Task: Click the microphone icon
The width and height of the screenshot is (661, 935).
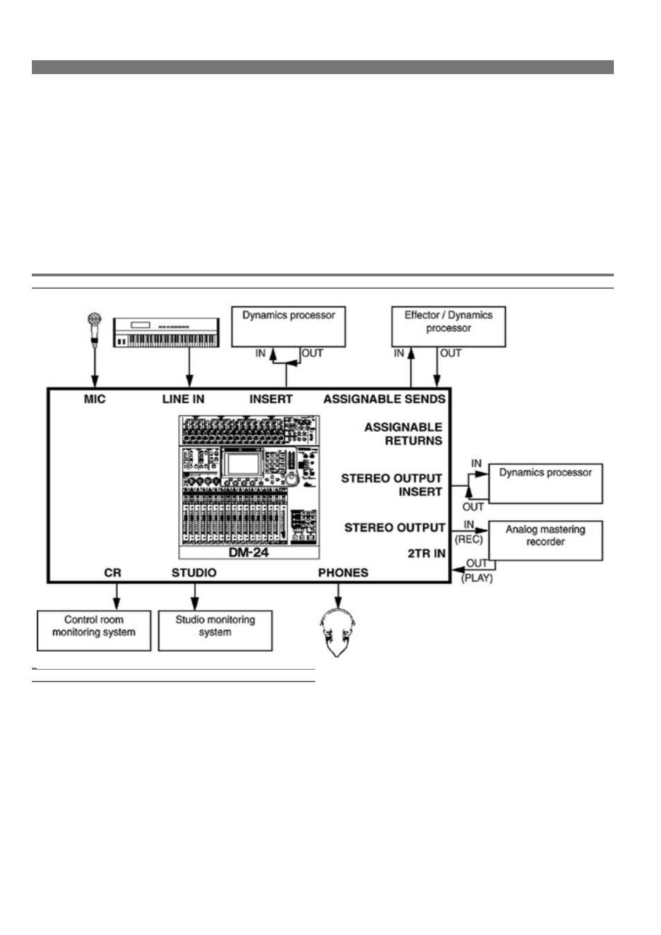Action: point(95,330)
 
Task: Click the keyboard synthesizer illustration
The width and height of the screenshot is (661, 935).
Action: point(166,332)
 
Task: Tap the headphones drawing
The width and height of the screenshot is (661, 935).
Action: point(337,633)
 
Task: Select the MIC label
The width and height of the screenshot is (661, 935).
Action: point(95,399)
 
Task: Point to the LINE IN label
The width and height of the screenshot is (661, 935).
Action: point(184,399)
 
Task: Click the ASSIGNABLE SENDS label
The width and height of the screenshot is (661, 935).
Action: point(385,399)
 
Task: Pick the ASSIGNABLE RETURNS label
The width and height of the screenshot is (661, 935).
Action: point(403,434)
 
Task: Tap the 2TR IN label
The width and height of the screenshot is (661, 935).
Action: point(427,553)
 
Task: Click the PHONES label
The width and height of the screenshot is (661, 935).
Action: point(343,573)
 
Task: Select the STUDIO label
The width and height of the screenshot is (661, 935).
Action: point(194,573)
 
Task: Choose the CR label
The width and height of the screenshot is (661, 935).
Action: point(113,573)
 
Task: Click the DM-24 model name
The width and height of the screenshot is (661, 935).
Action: point(249,553)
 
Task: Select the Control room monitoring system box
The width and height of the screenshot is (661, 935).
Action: point(94,631)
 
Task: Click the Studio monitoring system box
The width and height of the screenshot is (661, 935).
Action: point(215,631)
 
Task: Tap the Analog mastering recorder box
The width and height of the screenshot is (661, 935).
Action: point(545,540)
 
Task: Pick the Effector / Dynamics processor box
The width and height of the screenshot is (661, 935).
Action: point(448,326)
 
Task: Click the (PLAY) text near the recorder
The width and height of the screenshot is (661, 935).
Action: point(477,578)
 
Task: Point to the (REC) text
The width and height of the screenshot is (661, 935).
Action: point(468,540)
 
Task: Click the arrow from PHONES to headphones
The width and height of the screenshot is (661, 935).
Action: point(338,596)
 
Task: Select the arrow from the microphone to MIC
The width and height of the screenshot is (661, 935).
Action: point(95,367)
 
